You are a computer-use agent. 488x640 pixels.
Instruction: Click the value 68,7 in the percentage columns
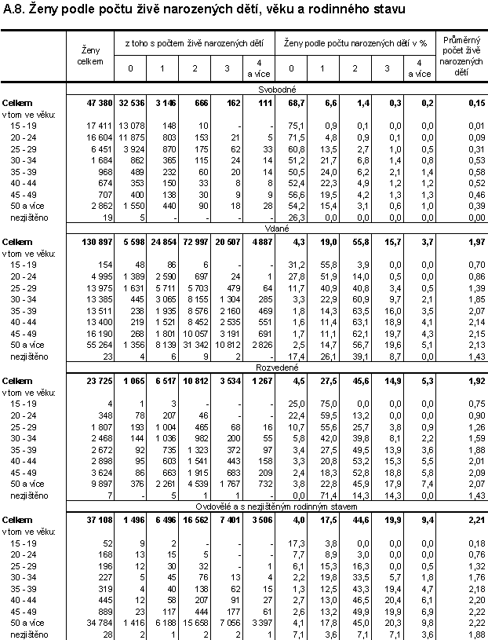(296, 103)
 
